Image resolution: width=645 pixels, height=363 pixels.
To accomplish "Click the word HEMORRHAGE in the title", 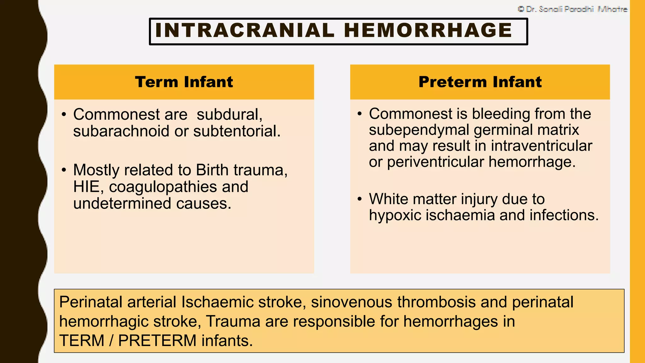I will [428, 31].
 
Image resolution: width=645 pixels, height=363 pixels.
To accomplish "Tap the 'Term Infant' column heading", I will [184, 82].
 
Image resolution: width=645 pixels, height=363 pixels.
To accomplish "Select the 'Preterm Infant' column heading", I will [480, 82].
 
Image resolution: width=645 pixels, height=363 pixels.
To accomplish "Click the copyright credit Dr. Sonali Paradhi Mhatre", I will [572, 9].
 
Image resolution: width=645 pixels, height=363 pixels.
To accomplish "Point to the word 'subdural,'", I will [229, 114].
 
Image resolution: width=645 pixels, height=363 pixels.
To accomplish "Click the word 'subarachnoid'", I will [121, 131].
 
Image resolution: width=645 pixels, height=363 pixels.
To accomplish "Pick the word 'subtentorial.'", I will [237, 131].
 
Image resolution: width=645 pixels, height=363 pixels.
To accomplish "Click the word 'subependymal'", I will [419, 130].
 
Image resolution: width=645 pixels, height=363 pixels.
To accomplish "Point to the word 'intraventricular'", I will [541, 146].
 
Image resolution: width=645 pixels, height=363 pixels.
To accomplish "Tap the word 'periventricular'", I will [435, 162].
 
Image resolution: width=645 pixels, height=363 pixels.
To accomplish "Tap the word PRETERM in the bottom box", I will [157, 341].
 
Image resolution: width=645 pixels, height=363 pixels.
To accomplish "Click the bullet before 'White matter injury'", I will [360, 199].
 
